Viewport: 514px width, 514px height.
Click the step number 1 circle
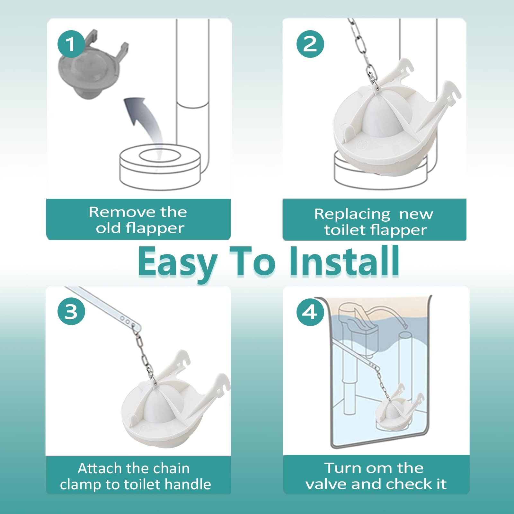pyautogui.click(x=71, y=44)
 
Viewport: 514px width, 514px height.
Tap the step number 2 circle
pyautogui.click(x=310, y=44)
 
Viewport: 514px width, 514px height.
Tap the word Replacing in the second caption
pyautogui.click(x=352, y=215)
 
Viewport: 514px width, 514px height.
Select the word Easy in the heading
pyautogui.click(x=178, y=261)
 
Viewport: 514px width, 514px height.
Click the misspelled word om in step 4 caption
pyautogui.click(x=374, y=468)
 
